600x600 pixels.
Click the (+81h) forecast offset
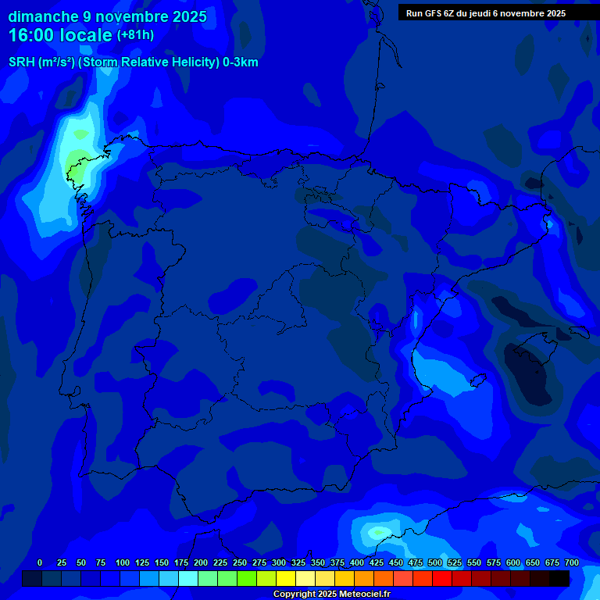pyautogui.click(x=135, y=35)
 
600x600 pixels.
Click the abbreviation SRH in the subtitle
pyautogui.click(x=21, y=62)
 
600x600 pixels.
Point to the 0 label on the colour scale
pyautogui.click(x=40, y=562)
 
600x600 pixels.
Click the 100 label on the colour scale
pyautogui.click(x=123, y=562)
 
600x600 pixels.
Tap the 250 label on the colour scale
pyautogui.click(x=240, y=562)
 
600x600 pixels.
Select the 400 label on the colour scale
pyautogui.click(x=357, y=562)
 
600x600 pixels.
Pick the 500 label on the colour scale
pyautogui.click(x=435, y=562)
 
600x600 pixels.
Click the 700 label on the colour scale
pyautogui.click(x=572, y=562)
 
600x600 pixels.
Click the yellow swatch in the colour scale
pyautogui.click(x=285, y=578)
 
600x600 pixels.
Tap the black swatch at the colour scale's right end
pyautogui.click(x=559, y=578)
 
